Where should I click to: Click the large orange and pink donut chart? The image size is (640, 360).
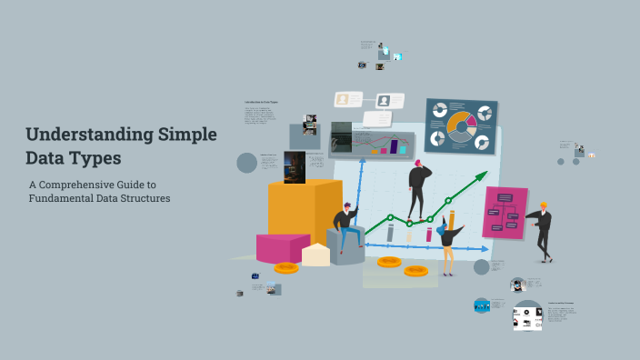[x=461, y=126]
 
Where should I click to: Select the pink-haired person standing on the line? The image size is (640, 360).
[x=417, y=187]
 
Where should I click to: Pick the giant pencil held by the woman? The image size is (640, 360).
[x=451, y=221]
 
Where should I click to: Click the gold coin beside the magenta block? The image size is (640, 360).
[x=285, y=267]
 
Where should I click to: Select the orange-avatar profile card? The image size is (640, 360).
[x=343, y=99]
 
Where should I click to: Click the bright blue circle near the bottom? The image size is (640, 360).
[x=482, y=305]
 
